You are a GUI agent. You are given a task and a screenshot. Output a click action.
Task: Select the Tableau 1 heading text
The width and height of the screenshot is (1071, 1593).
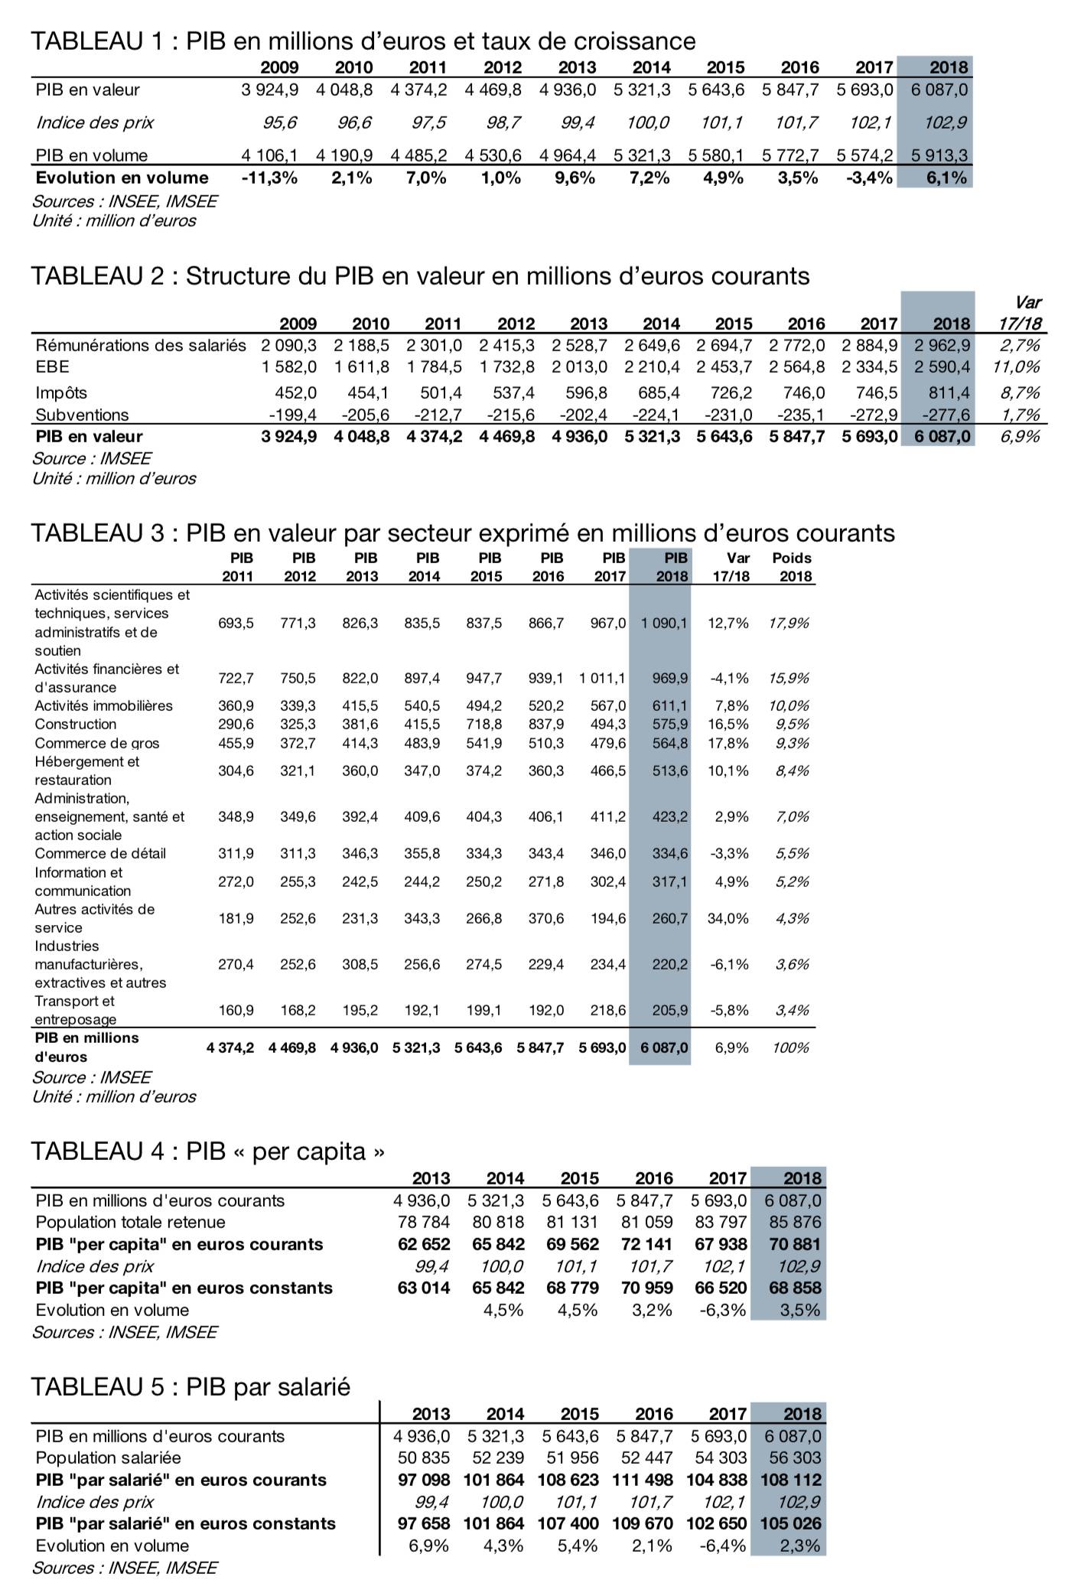tap(363, 40)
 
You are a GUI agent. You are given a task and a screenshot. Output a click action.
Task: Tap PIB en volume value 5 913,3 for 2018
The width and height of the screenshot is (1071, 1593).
tap(939, 155)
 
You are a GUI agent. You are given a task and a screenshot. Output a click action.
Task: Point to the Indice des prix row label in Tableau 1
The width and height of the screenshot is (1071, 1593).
tap(95, 122)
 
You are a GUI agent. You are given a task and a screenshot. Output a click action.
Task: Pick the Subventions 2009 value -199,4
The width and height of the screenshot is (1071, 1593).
tap(291, 415)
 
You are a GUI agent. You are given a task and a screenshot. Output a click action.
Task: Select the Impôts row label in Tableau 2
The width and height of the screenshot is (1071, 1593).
tap(61, 393)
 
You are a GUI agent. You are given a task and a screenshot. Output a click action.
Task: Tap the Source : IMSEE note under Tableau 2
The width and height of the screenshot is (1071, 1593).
tap(91, 458)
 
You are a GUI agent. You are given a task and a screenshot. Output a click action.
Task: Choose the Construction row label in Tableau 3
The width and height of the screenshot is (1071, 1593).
tap(76, 724)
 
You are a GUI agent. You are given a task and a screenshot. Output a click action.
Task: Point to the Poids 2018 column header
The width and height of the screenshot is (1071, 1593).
tap(793, 567)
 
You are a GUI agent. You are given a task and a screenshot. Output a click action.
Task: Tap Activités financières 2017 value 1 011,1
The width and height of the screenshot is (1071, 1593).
tap(603, 678)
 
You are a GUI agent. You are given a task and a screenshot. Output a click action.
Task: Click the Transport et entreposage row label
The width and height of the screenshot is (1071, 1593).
tap(75, 1010)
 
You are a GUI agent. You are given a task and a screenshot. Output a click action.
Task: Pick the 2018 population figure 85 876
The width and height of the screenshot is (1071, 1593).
tap(796, 1222)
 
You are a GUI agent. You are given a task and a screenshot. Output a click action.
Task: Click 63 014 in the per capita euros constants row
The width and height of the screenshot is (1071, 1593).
tap(424, 1288)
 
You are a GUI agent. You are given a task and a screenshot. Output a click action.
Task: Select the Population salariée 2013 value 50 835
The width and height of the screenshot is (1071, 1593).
tap(424, 1458)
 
